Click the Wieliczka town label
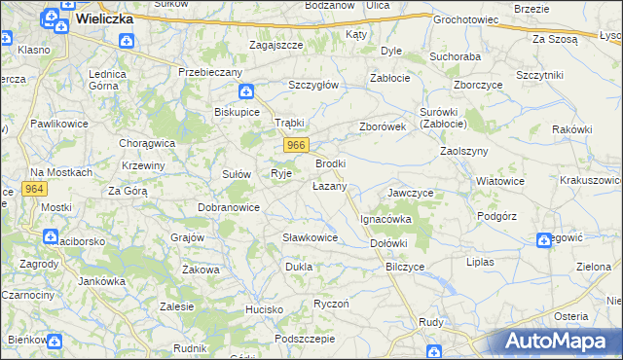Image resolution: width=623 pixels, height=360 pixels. coord(103,17)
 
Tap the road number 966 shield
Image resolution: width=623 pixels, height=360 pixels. coord(298,145)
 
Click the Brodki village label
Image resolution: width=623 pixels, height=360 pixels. coord(331,163)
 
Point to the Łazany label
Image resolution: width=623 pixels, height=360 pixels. coord(329,185)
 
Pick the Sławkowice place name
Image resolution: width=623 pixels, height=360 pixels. coord(310,237)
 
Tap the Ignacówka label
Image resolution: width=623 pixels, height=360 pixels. coord(386,220)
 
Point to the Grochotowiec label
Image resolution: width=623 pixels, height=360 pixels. coord(465,19)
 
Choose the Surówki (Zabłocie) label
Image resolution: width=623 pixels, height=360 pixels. coord(443,118)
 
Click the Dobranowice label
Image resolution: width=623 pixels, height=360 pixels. coord(228,207)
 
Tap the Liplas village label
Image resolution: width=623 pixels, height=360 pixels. coord(481,262)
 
